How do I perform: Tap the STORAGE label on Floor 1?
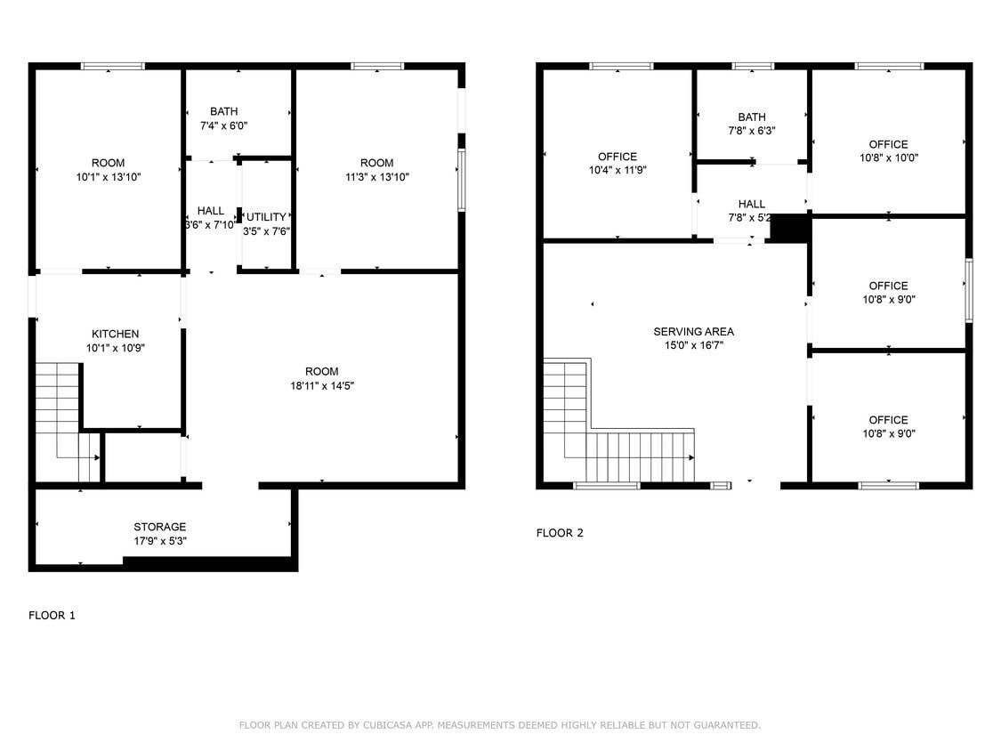[160, 527]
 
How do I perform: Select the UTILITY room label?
[267, 217]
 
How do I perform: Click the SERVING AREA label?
[694, 332]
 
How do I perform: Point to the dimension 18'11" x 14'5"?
[321, 385]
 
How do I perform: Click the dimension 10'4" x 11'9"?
[617, 170]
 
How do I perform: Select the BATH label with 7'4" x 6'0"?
[223, 111]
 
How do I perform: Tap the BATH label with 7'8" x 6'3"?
[751, 117]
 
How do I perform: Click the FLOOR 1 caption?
[52, 615]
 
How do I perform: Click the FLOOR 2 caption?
[560, 533]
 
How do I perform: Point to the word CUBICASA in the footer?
[386, 725]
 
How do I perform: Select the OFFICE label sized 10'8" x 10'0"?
[888, 144]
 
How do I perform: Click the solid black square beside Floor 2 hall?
[787, 229]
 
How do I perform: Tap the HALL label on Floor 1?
[211, 211]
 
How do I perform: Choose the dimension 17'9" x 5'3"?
[160, 541]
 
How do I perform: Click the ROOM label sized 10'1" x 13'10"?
[108, 163]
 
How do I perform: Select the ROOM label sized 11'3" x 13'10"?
[376, 163]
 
